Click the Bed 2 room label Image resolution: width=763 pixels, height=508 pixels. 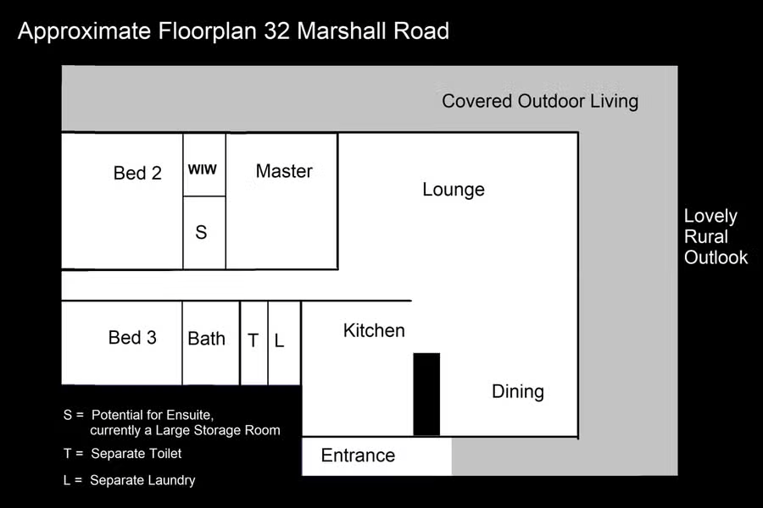pyautogui.click(x=137, y=173)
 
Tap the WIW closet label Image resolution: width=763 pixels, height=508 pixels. pyautogui.click(x=203, y=169)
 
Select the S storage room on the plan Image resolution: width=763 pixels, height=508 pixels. pyautogui.click(x=204, y=232)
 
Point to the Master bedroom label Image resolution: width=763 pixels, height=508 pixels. pyautogui.click(x=284, y=171)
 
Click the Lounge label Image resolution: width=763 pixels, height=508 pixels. pyautogui.click(x=454, y=190)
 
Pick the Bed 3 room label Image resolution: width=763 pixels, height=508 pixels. pyautogui.click(x=132, y=337)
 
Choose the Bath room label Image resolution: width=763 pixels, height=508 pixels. pyautogui.click(x=206, y=339)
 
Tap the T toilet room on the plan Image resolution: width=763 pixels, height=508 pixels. pyautogui.click(x=254, y=343)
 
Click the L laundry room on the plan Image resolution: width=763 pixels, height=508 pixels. pyautogui.click(x=284, y=343)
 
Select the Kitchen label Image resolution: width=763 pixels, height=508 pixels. pyautogui.click(x=374, y=330)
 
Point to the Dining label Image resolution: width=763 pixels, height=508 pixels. pyautogui.click(x=518, y=392)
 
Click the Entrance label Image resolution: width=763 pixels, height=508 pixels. pyautogui.click(x=358, y=456)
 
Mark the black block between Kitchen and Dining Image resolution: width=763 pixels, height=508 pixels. pyautogui.click(x=426, y=395)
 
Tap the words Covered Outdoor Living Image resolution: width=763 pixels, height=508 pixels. pyautogui.click(x=540, y=101)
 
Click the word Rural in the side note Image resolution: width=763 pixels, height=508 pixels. pyautogui.click(x=705, y=237)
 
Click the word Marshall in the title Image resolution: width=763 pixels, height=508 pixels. pyautogui.click(x=341, y=31)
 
